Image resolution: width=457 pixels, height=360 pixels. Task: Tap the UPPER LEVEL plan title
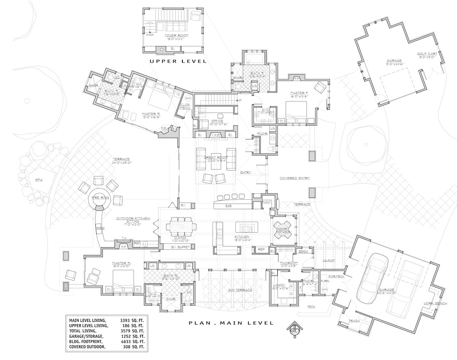tap(178, 61)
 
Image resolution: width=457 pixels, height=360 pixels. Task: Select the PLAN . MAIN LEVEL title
tap(231, 323)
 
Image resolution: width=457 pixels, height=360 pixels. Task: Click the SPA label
tap(38, 179)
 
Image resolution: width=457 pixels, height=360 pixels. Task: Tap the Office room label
tap(215, 121)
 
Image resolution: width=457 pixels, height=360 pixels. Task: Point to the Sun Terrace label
tap(240, 290)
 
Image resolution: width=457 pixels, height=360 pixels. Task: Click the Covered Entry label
tap(295, 178)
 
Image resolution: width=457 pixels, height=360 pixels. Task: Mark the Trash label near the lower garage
tap(354, 321)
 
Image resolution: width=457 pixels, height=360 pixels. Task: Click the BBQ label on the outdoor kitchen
tap(100, 228)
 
